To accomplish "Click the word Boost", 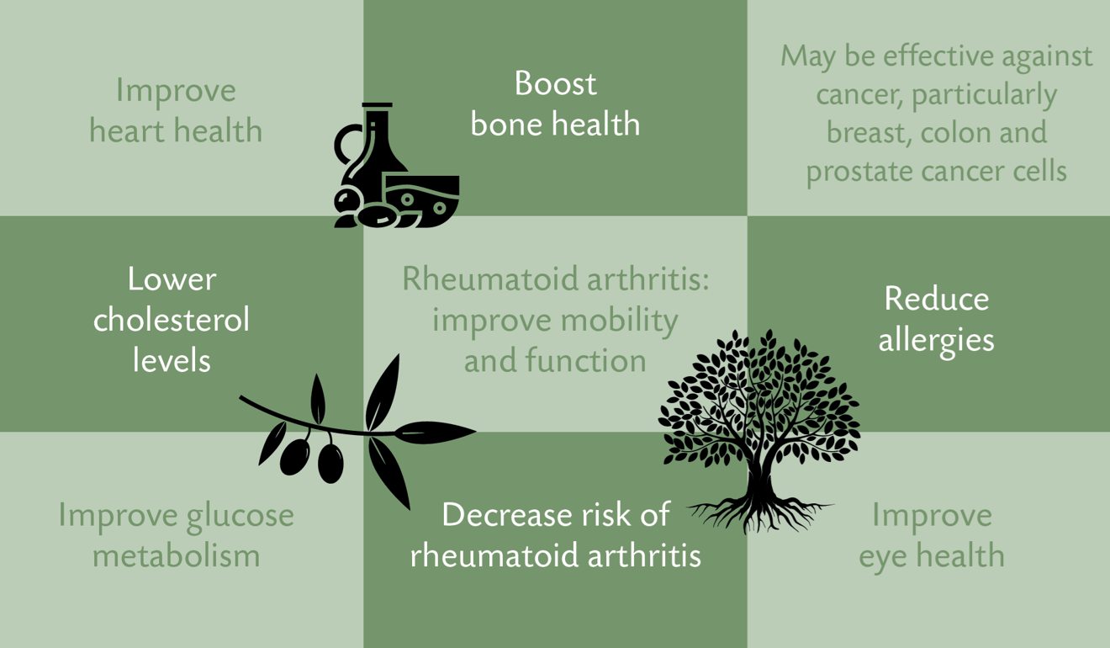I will tap(555, 83).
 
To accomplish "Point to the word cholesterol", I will tap(172, 320).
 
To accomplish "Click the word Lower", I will tap(172, 279).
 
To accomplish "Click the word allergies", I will tap(936, 341).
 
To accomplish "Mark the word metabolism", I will tap(176, 556).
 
